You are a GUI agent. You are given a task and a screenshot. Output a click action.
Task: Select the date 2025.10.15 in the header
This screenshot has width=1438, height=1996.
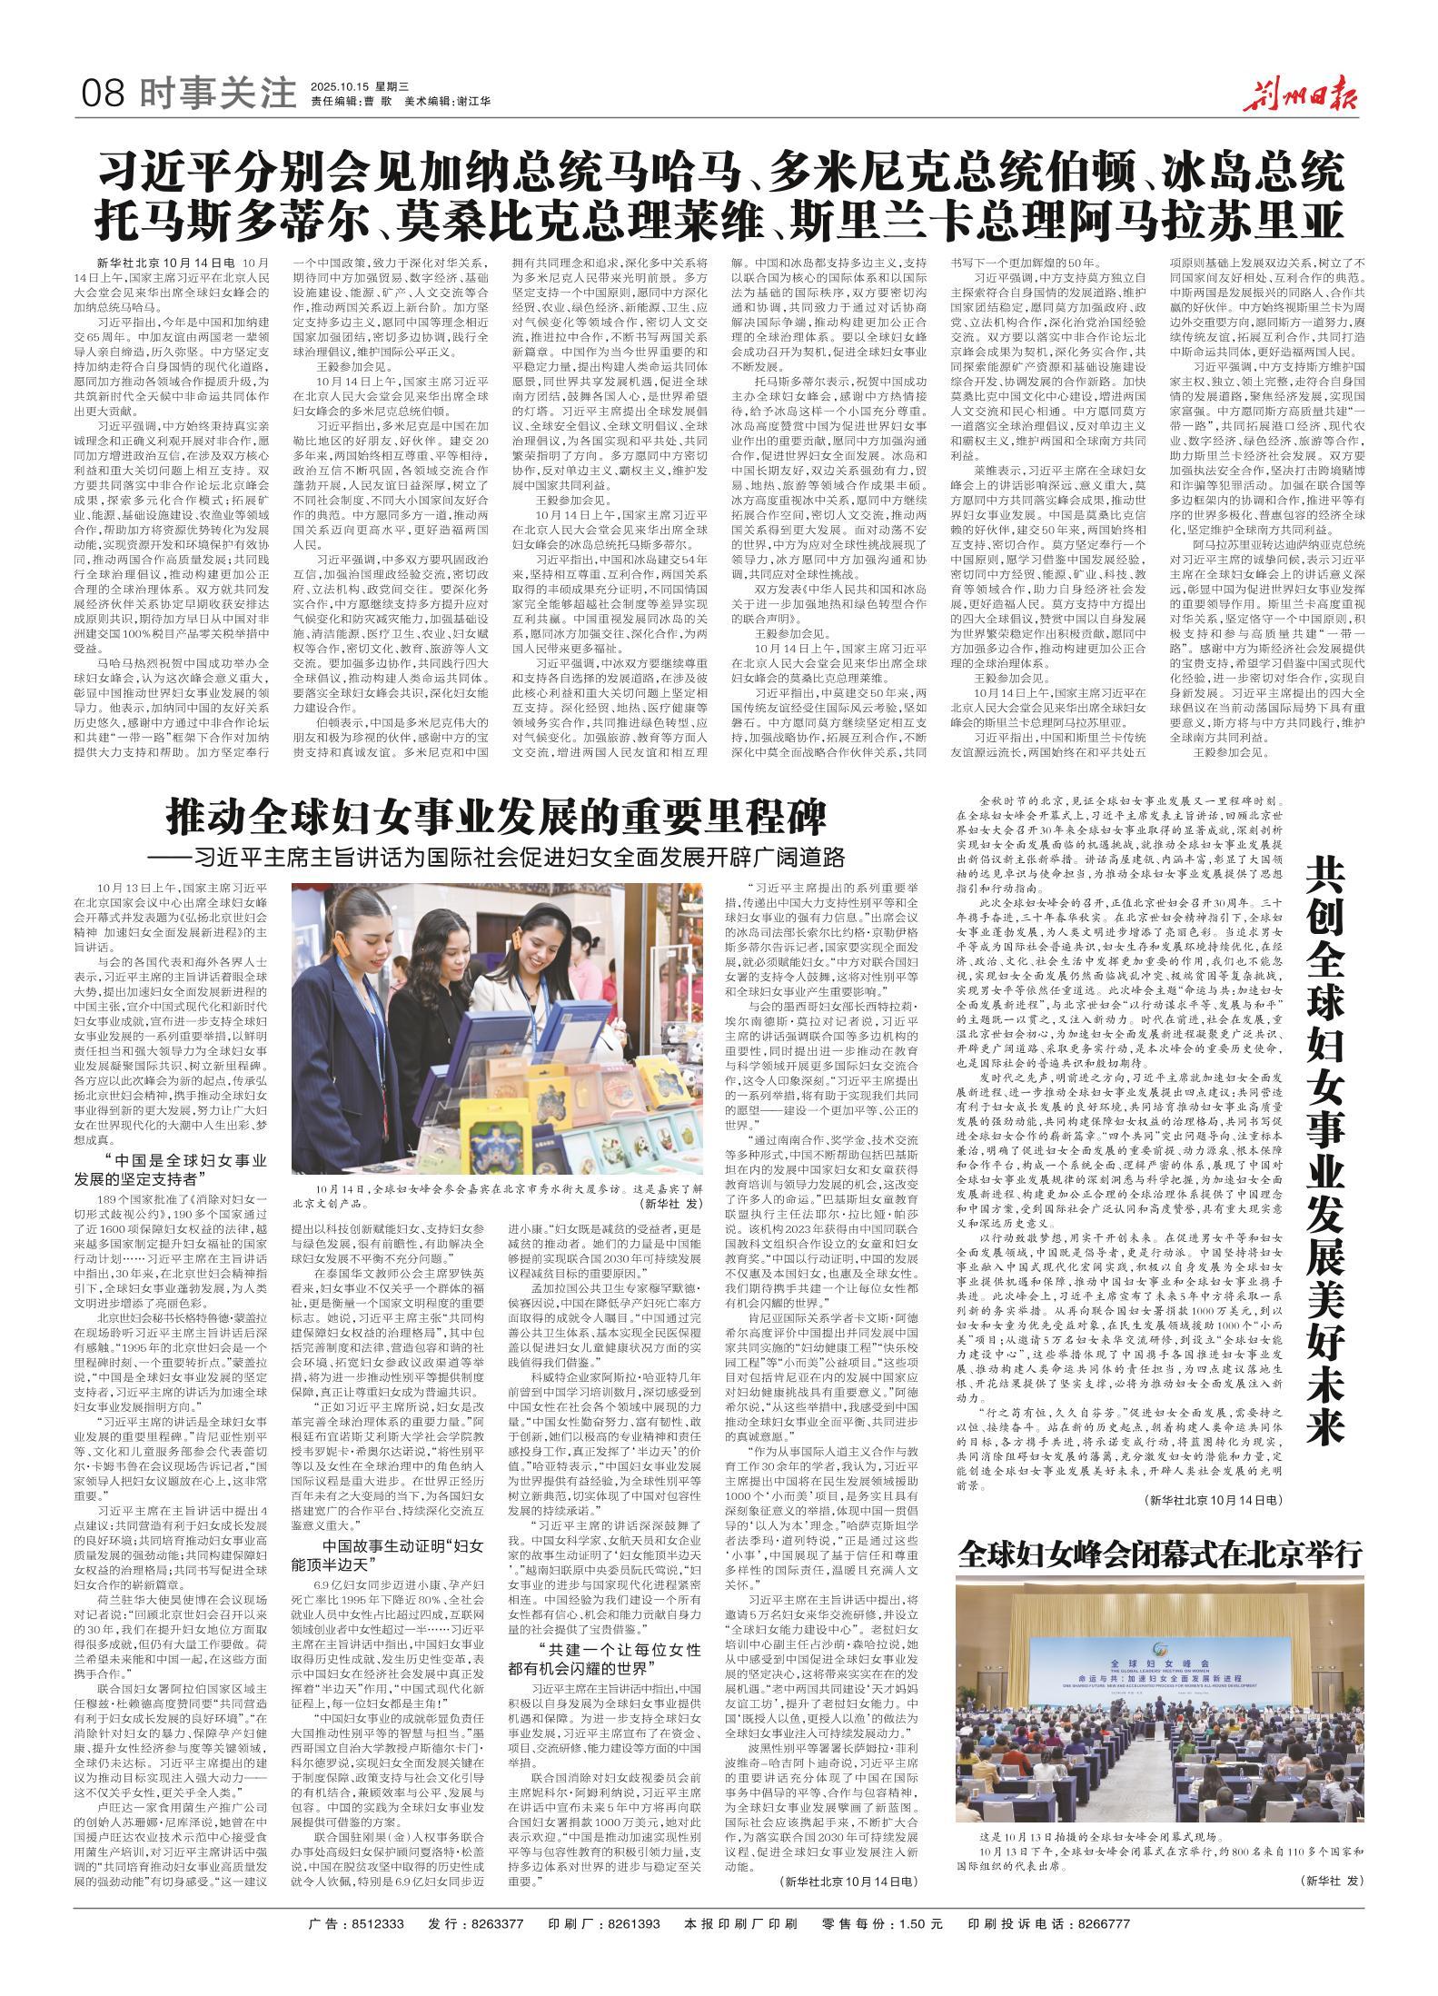343,85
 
